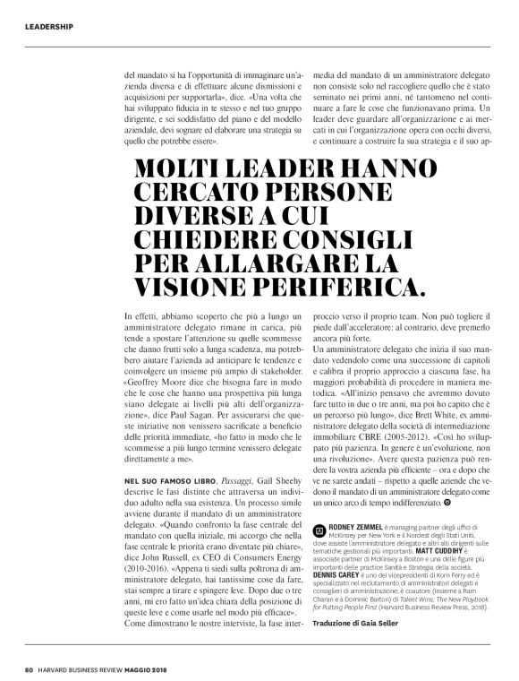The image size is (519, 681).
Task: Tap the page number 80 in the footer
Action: pyautogui.click(x=29, y=668)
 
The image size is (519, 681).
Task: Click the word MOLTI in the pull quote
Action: pyautogui.click(x=179, y=170)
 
